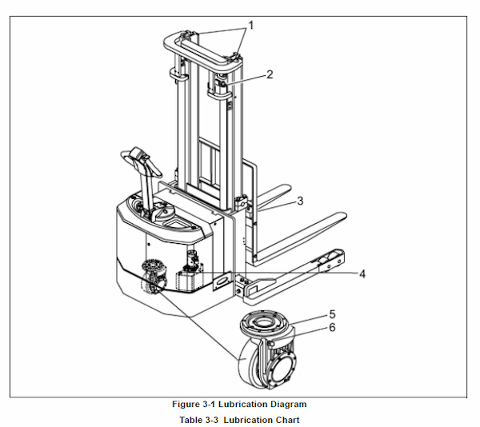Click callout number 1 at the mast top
point(251,26)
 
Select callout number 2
point(270,74)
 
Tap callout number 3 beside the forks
point(300,201)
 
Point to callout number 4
point(362,273)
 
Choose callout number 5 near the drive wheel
point(333,314)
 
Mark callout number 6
point(333,327)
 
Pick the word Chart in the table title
point(287,420)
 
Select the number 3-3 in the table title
point(211,420)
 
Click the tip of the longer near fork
point(343,216)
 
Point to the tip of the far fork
point(286,187)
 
